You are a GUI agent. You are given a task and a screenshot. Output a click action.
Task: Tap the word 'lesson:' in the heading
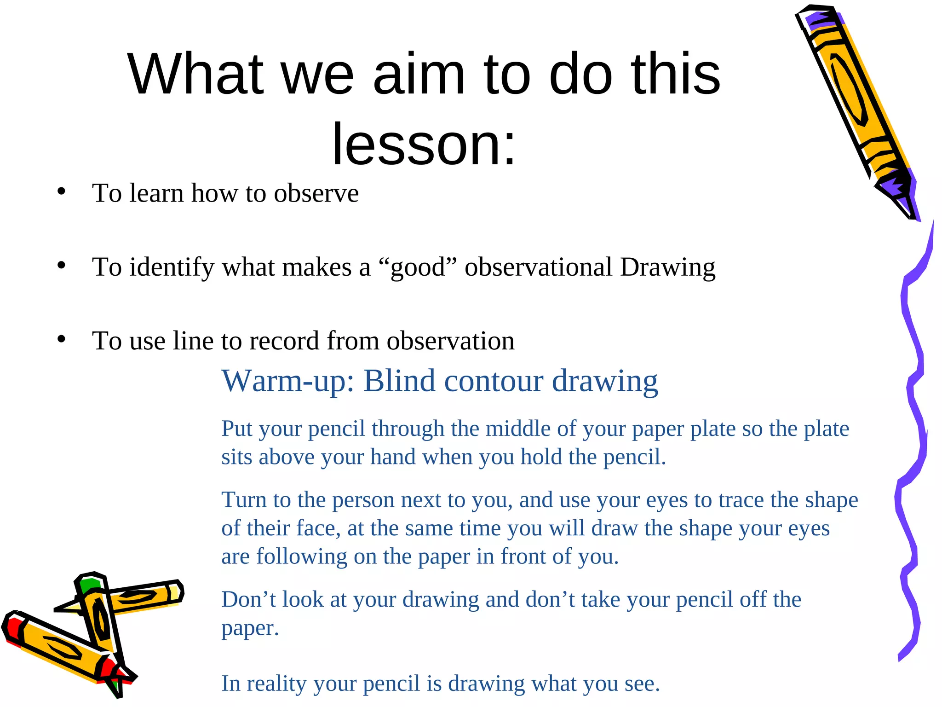click(424, 145)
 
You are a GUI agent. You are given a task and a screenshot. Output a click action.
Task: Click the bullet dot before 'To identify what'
click(61, 266)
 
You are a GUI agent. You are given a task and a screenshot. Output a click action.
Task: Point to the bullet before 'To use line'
click(61, 340)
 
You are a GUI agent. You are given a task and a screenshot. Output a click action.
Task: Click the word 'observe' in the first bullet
click(316, 193)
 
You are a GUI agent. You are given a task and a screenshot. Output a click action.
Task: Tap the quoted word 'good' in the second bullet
click(418, 268)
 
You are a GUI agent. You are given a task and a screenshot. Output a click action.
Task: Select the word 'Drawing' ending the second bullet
click(667, 268)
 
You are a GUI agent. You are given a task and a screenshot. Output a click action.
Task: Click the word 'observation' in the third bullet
click(450, 341)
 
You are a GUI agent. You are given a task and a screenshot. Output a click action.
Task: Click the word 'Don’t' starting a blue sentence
click(248, 600)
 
